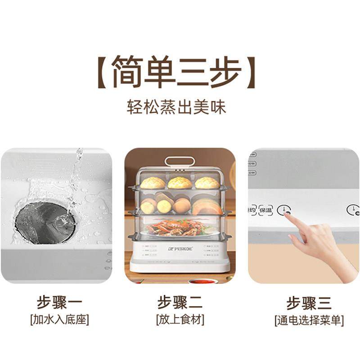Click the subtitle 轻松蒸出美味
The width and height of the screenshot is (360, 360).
click(176, 107)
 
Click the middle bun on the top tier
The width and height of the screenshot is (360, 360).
click(180, 182)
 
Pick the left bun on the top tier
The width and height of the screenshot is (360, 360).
click(153, 183)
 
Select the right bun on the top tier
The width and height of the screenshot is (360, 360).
click(207, 183)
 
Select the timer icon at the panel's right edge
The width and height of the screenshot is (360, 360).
click(352, 210)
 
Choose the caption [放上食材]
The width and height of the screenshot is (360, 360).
click(180, 320)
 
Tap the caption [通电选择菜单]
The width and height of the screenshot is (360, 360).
click(309, 320)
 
